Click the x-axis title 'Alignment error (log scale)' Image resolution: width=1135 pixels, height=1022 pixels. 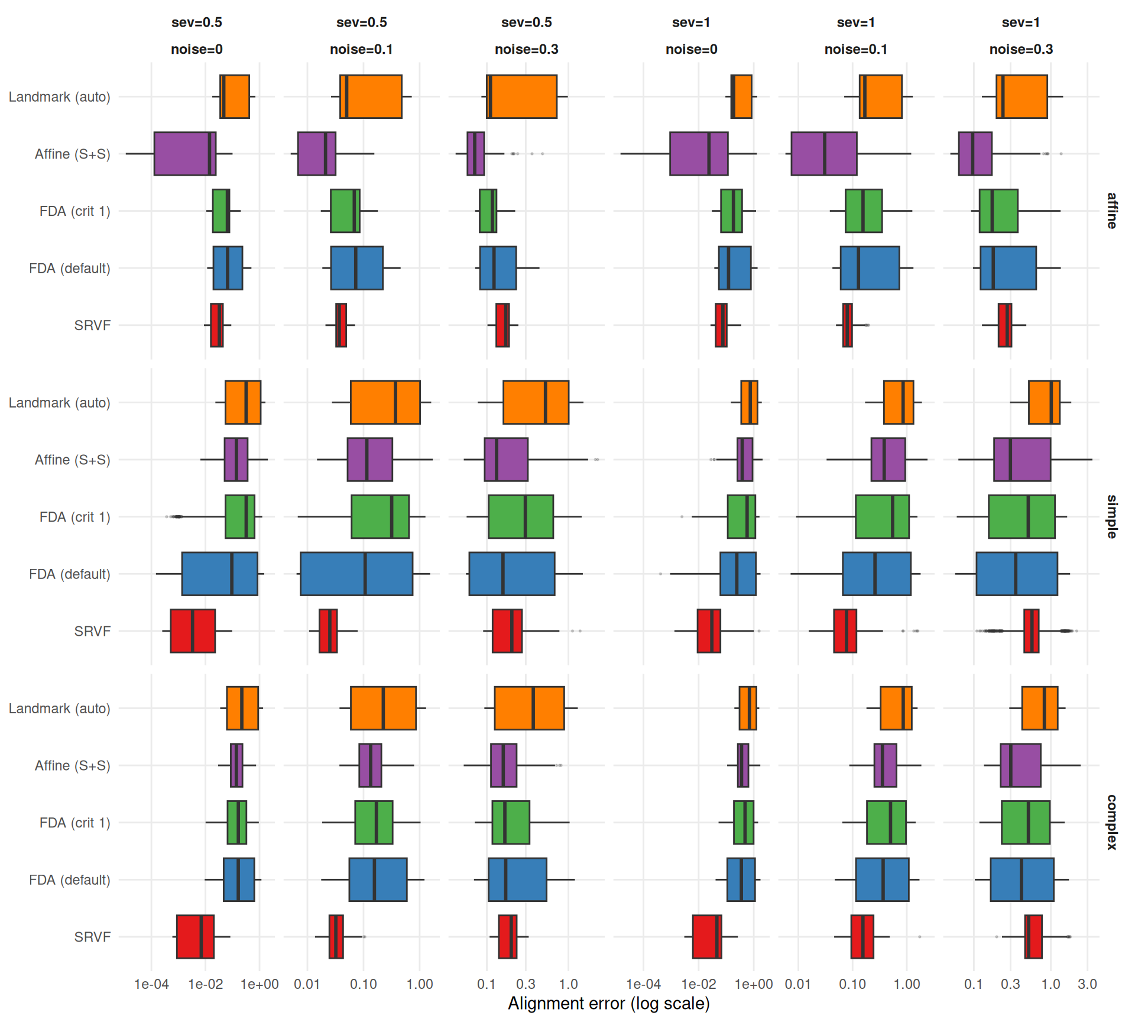608,1004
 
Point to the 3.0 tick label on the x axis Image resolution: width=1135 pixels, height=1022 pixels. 1087,984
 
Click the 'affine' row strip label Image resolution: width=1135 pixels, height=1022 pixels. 1112,211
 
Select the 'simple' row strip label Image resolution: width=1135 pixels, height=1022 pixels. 1112,516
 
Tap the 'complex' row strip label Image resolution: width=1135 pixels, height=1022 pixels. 1112,822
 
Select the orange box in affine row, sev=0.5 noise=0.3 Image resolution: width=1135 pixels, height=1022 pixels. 521,96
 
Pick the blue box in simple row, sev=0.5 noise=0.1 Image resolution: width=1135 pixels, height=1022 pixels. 356,574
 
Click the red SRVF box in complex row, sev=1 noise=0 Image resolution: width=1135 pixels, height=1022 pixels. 706,937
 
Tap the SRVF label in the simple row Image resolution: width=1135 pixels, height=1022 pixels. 92,631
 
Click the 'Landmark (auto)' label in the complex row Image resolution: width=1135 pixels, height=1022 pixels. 59,709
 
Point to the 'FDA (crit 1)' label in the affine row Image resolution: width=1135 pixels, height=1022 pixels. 74,211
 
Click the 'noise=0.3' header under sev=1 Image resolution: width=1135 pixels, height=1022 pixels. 1021,49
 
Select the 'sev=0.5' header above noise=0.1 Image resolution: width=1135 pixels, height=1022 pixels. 361,22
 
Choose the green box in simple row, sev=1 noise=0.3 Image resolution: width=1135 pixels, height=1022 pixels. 1022,516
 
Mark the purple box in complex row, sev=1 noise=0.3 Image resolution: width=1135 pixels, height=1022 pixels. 1020,765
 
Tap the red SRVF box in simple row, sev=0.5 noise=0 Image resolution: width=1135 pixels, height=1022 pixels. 193,631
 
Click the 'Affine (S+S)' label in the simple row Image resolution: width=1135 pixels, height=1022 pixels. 72,460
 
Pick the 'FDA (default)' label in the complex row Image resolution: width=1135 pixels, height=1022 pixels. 70,880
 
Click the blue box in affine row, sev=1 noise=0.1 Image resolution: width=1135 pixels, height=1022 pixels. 870,268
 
